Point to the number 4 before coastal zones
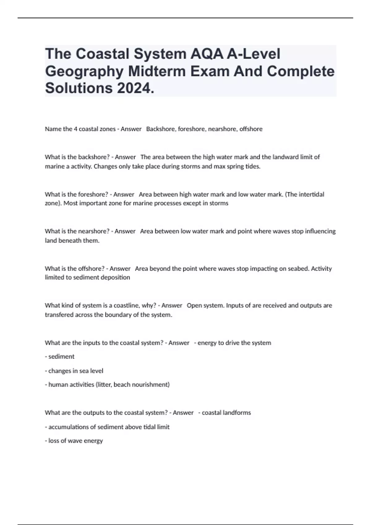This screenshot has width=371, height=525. pos(75,129)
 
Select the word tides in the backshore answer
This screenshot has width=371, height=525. pos(253,166)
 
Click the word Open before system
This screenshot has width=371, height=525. pos(194,305)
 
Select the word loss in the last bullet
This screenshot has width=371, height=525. pos(53,441)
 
